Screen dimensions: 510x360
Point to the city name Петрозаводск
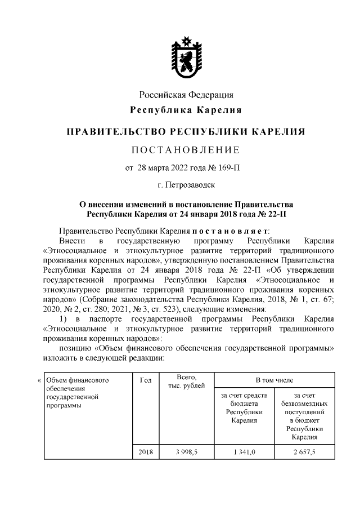(191, 184)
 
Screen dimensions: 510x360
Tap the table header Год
(145, 381)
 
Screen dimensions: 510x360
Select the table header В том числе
(274, 381)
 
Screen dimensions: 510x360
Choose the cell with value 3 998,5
(186, 451)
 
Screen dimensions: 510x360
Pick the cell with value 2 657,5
(304, 451)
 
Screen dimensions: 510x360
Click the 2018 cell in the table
(145, 451)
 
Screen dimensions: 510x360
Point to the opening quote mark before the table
(38, 381)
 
